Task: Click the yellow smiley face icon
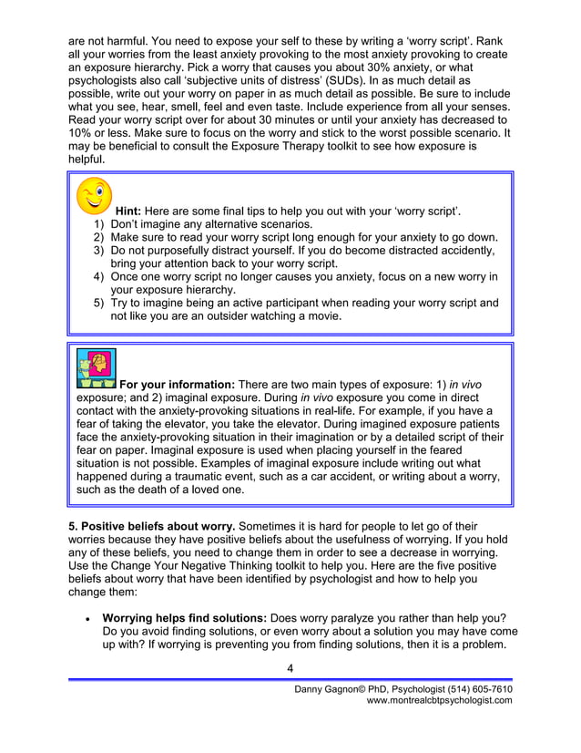(x=94, y=196)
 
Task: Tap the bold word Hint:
(x=133, y=211)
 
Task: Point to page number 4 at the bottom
(x=290, y=668)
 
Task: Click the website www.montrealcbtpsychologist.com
(x=439, y=700)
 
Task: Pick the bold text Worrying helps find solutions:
(x=190, y=616)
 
